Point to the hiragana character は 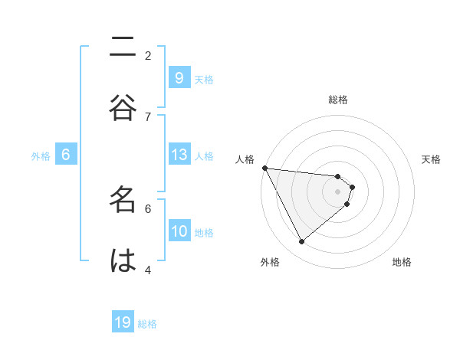coord(123,260)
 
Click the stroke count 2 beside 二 coord(148,55)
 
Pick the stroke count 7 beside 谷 coord(148,116)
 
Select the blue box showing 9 coord(179,77)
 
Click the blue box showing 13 coord(179,155)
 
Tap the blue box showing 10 coord(179,231)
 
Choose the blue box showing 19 coord(123,322)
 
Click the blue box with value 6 coord(66,155)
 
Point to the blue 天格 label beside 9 coord(204,79)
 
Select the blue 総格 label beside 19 coord(147,324)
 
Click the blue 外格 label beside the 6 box coord(41,156)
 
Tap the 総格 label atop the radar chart coord(338,100)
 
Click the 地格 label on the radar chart coord(402,262)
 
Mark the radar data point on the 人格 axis coord(264,168)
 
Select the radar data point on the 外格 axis coord(301,242)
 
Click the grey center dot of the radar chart coord(338,191)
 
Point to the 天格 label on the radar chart coord(432,159)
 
